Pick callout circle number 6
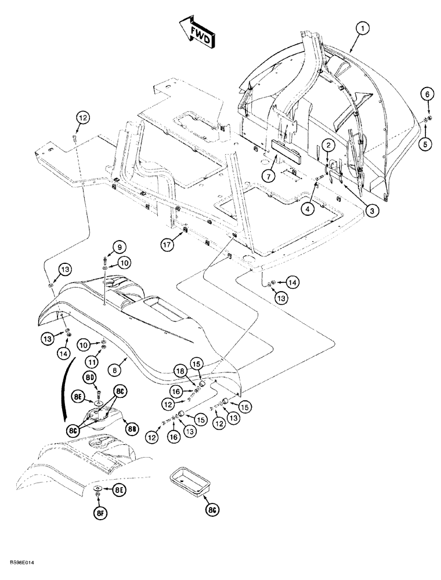pos(425,93)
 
